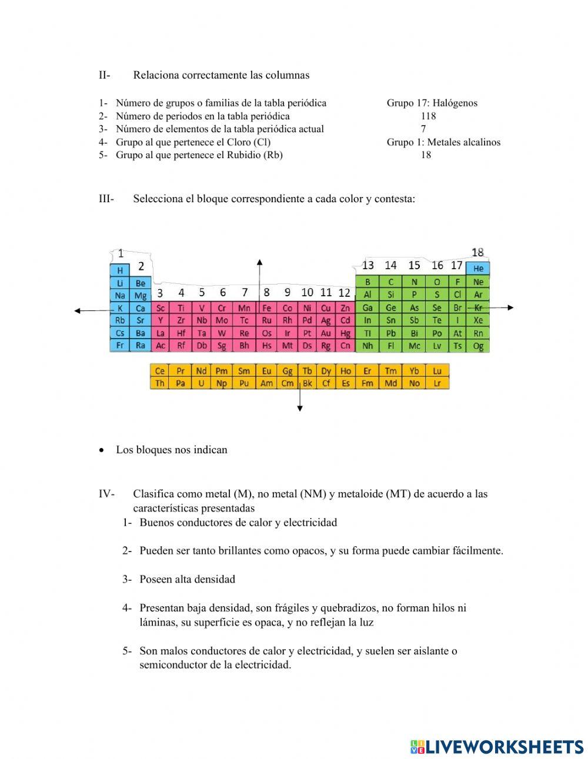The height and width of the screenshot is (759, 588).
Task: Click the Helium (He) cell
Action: pyautogui.click(x=477, y=268)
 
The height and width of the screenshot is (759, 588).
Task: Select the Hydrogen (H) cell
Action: pyautogui.click(x=120, y=270)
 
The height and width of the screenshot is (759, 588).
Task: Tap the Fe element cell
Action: pyautogui.click(x=266, y=307)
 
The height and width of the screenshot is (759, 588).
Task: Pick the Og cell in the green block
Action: pyautogui.click(x=478, y=346)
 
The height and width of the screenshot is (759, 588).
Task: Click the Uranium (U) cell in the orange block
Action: pyautogui.click(x=201, y=383)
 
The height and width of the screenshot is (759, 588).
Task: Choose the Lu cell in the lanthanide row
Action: pyautogui.click(x=437, y=371)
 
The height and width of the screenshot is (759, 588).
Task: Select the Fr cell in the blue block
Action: pyautogui.click(x=120, y=345)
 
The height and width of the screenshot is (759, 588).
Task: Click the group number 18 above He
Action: pyautogui.click(x=477, y=252)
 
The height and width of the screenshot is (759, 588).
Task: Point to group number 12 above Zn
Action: pyautogui.click(x=345, y=292)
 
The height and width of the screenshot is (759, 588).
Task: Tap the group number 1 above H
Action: pyautogui.click(x=121, y=253)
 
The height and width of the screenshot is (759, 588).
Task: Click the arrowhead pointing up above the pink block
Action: pyautogui.click(x=259, y=261)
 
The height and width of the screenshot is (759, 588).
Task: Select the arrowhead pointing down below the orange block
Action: pyautogui.click(x=300, y=408)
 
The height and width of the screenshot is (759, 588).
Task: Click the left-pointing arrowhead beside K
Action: pyautogui.click(x=77, y=311)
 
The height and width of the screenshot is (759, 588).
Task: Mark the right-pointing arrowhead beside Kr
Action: pyautogui.click(x=510, y=307)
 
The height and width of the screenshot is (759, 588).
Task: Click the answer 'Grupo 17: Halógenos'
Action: pyautogui.click(x=432, y=103)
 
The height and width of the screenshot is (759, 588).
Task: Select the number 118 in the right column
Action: pyautogui.click(x=428, y=116)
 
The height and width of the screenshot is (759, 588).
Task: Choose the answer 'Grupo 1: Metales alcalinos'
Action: pyautogui.click(x=443, y=142)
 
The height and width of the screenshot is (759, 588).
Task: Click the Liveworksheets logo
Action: pyautogui.click(x=497, y=747)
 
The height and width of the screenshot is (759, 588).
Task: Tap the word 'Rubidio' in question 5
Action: pyautogui.click(x=243, y=155)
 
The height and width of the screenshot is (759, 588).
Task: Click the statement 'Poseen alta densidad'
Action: pyautogui.click(x=187, y=579)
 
